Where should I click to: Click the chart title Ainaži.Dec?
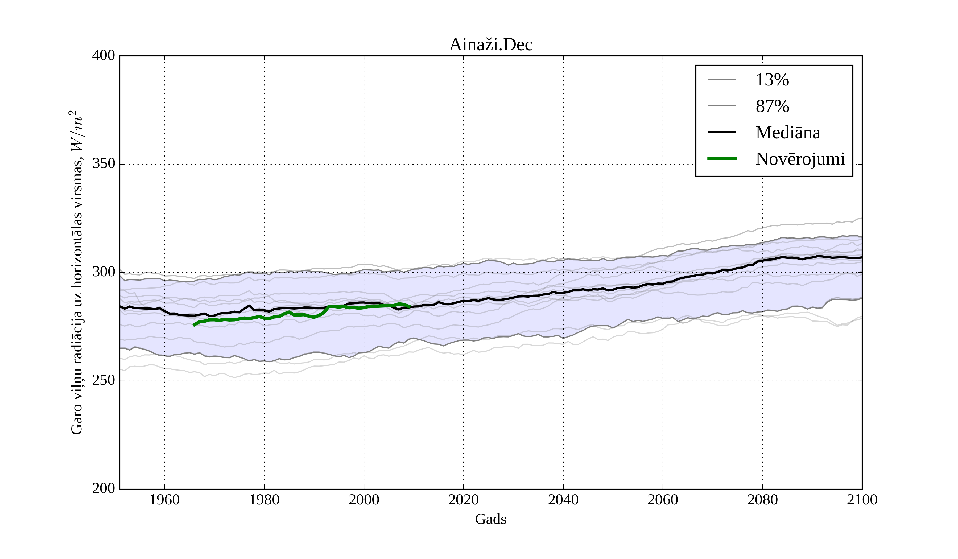point(490,45)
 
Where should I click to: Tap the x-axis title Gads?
point(490,519)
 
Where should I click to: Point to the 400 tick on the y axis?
point(104,56)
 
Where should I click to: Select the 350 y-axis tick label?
point(104,164)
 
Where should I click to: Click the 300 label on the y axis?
point(104,272)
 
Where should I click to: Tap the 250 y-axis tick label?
point(104,381)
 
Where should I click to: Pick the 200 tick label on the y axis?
point(104,489)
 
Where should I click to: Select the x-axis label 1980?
point(264,500)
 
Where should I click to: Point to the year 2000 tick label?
point(364,500)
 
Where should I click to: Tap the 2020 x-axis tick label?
point(463,500)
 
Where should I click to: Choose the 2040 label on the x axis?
point(563,500)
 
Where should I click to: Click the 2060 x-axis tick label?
point(663,500)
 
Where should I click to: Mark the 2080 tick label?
point(762,500)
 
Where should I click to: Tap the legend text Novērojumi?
point(800,159)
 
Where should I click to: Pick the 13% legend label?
point(772,80)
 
